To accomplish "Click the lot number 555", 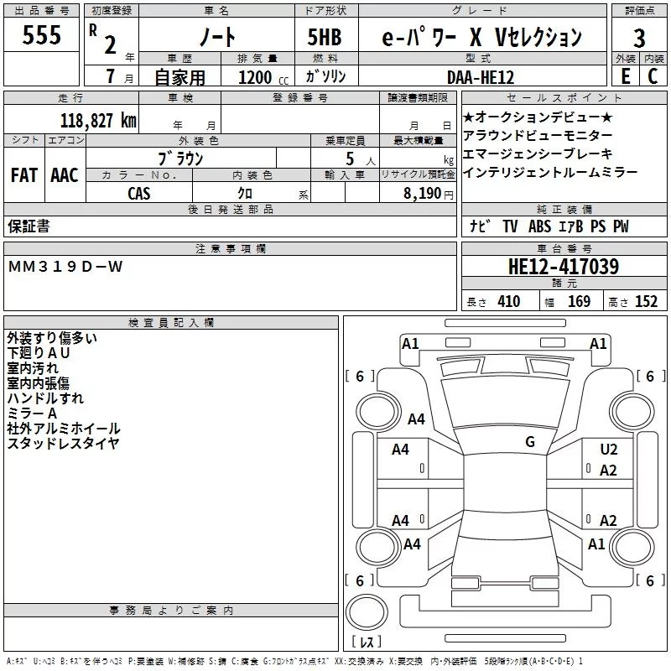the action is tap(41, 34).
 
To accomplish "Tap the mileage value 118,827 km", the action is tap(98, 121).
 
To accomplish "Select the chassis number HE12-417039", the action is tap(563, 266).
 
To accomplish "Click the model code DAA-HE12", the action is tap(481, 77).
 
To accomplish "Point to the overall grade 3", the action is tap(639, 39).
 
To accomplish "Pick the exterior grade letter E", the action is tap(626, 76).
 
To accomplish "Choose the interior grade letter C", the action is tap(653, 76).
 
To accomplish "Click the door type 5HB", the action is tap(325, 37).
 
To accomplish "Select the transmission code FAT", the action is tap(24, 175).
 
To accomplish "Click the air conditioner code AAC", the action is tap(65, 175).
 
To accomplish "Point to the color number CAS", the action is tap(139, 194).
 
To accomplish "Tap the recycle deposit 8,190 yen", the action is tap(429, 194).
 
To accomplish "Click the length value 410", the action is tap(509, 301).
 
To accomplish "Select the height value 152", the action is tap(646, 301).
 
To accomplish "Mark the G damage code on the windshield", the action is tap(530, 442).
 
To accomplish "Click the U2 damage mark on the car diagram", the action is tap(609, 450).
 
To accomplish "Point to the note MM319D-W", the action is tap(65, 267).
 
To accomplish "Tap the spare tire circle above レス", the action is tap(367, 612).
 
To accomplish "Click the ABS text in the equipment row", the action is tap(539, 226).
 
